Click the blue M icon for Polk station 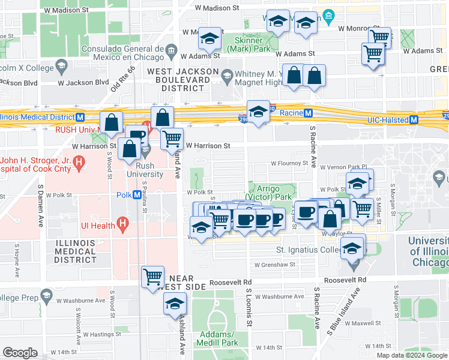click(x=137, y=195)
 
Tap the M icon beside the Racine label click(x=308, y=113)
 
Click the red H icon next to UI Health click(x=123, y=226)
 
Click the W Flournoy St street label click(x=289, y=163)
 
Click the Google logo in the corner click(x=20, y=353)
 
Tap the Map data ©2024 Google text click(x=412, y=355)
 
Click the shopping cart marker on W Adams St click(x=373, y=55)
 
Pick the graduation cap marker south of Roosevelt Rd click(x=175, y=304)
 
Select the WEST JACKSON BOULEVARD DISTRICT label click(x=183, y=79)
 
